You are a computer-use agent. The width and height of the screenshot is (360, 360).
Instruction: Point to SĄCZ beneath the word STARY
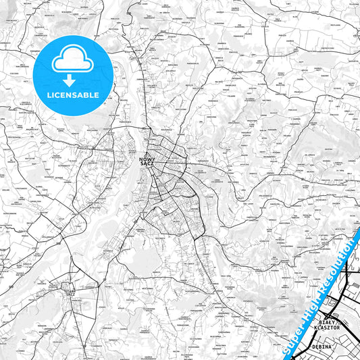(x=69, y=294)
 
